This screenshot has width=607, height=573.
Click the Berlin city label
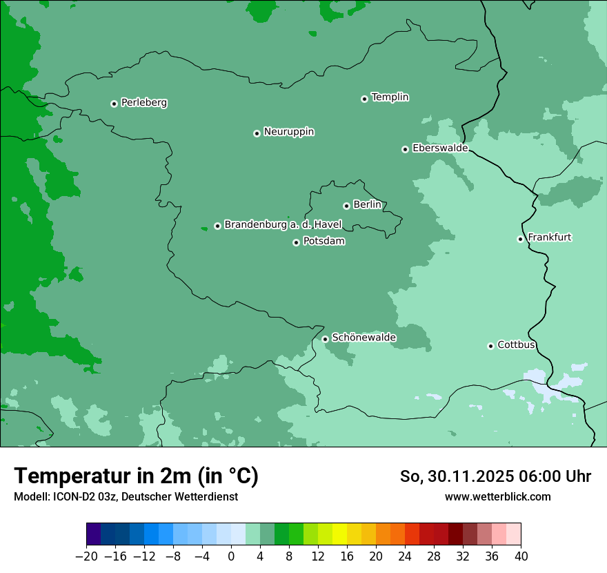(367, 205)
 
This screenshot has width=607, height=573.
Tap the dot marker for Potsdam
(296, 242)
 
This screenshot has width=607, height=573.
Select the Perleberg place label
(143, 103)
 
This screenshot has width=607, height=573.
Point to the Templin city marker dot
(364, 99)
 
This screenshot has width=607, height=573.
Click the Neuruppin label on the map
(288, 132)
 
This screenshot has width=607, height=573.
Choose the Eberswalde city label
(439, 148)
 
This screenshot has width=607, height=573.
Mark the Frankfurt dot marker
(520, 239)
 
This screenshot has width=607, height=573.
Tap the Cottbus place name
(516, 345)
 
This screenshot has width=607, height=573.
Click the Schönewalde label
(364, 338)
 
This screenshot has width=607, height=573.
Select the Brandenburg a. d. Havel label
(283, 225)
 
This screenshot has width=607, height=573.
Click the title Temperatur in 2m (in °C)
(136, 476)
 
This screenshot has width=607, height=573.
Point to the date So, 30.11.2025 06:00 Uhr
(495, 476)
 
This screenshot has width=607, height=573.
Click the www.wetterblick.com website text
(497, 496)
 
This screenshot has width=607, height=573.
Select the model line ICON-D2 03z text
(126, 496)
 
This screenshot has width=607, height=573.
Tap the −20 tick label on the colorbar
(86, 556)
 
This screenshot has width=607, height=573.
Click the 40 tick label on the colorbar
(521, 556)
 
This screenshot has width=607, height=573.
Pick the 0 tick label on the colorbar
(231, 556)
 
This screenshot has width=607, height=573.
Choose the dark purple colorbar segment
(94, 534)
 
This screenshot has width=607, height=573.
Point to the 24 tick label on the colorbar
(405, 556)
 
